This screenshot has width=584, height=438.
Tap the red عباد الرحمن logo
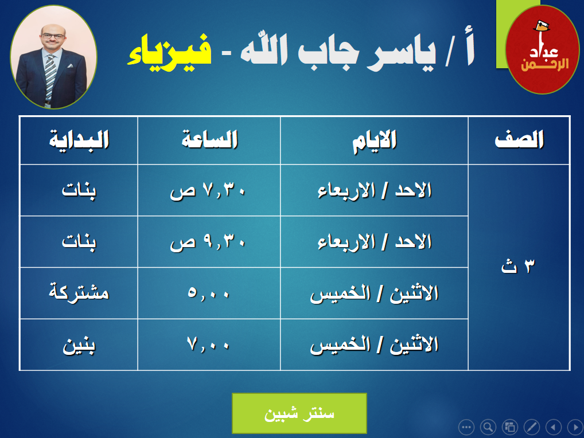542,49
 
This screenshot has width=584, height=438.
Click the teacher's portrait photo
53,57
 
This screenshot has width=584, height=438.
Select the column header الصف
519,140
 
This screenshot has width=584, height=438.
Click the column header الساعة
209,140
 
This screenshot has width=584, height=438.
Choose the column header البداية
79,140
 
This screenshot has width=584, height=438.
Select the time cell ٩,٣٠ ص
208,243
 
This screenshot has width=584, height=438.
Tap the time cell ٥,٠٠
208,293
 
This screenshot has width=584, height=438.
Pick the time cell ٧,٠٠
208,344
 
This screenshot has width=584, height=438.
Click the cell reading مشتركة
79,292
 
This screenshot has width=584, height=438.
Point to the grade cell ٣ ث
518,266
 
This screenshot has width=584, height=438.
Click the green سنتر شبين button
299,413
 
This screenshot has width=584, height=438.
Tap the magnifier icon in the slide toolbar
488,427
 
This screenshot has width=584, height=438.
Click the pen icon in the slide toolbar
531,427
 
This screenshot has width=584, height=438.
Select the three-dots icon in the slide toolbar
466,427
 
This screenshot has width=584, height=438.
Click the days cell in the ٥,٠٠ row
374,294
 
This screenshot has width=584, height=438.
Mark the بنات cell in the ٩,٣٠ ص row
79,243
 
